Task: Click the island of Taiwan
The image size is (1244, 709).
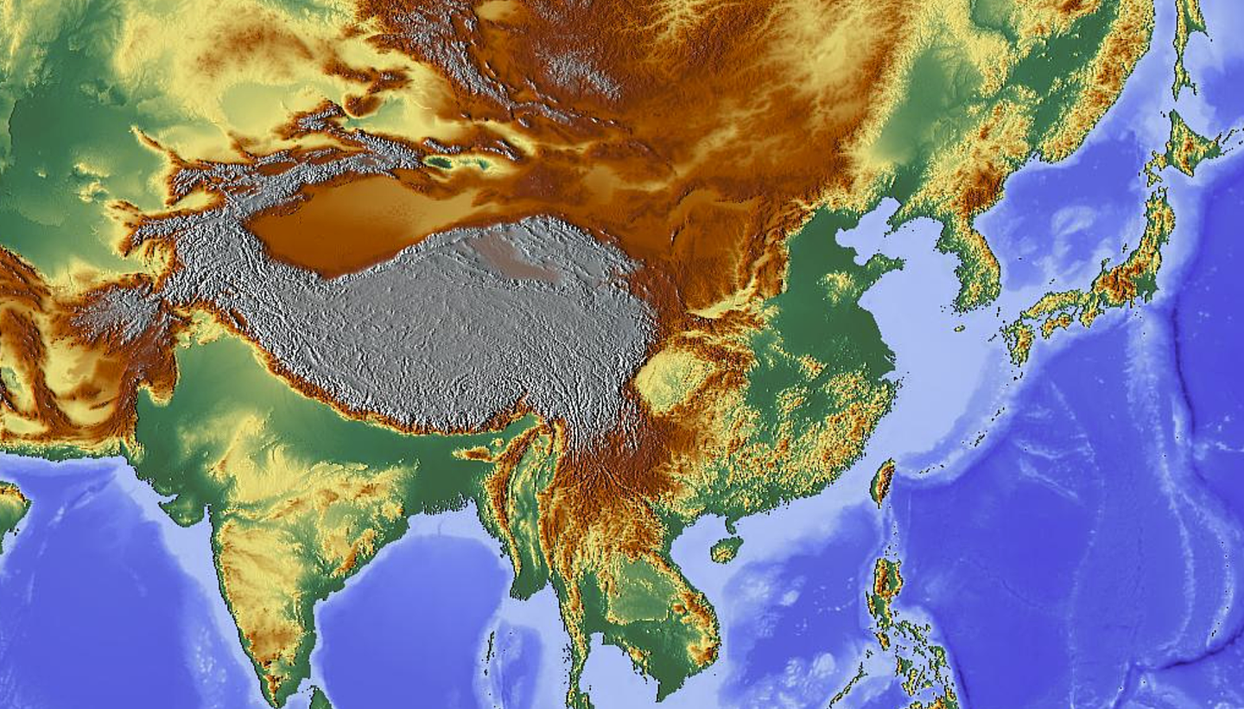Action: click(x=882, y=482)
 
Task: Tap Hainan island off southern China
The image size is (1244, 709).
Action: click(x=726, y=548)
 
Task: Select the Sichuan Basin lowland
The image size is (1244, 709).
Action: click(x=670, y=376)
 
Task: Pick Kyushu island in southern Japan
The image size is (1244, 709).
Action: click(x=1019, y=337)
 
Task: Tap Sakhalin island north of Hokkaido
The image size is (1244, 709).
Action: click(x=1188, y=43)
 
